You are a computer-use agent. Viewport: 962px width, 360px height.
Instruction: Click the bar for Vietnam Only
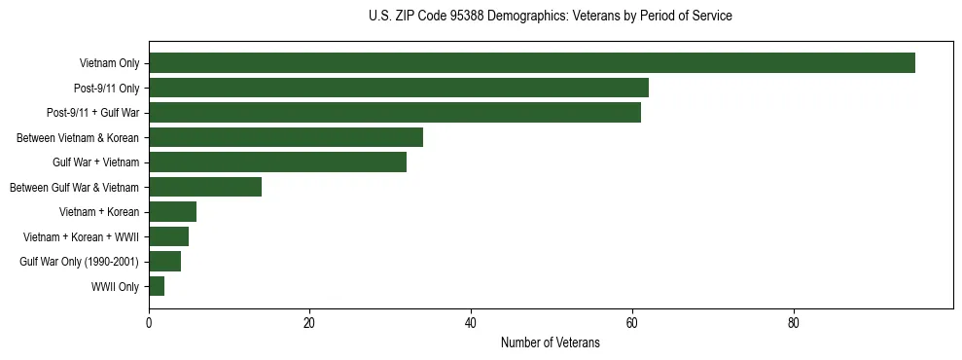(x=531, y=63)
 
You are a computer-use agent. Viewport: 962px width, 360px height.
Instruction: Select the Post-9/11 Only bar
(x=399, y=88)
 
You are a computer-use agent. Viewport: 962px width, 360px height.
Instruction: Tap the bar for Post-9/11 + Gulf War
(x=395, y=113)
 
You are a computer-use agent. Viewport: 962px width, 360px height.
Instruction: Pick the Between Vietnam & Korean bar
(x=286, y=137)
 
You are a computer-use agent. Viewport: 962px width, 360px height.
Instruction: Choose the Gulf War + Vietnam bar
(x=277, y=162)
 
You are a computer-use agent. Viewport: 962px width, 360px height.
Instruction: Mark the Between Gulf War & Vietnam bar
(x=205, y=187)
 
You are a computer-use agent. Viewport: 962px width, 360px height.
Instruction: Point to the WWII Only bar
(x=157, y=286)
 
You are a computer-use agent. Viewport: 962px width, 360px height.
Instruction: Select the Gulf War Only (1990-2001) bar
(x=165, y=262)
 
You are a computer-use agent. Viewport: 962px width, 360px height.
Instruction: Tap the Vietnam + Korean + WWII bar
(x=169, y=236)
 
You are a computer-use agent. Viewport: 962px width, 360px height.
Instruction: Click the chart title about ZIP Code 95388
(x=551, y=17)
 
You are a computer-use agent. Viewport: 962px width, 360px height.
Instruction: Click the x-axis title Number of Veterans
(x=551, y=343)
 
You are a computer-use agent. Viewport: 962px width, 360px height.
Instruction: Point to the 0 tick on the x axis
(x=149, y=324)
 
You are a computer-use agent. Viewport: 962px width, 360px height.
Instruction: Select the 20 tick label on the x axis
(x=310, y=324)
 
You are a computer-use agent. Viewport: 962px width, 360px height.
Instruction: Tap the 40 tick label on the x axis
(x=471, y=324)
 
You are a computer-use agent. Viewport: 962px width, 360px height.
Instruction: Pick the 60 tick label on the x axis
(x=632, y=324)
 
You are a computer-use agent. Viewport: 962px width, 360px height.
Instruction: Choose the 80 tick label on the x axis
(x=794, y=324)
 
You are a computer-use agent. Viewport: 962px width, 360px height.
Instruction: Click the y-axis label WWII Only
(x=115, y=287)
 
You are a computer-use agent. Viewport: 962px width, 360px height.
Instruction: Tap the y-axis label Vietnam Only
(x=109, y=64)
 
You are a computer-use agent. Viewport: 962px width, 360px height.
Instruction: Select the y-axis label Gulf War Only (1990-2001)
(x=80, y=262)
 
